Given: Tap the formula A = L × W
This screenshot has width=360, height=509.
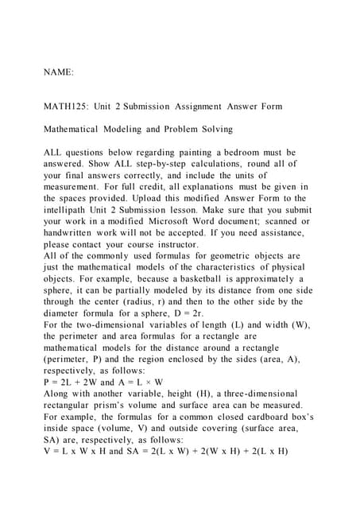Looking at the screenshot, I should (x=141, y=382).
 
